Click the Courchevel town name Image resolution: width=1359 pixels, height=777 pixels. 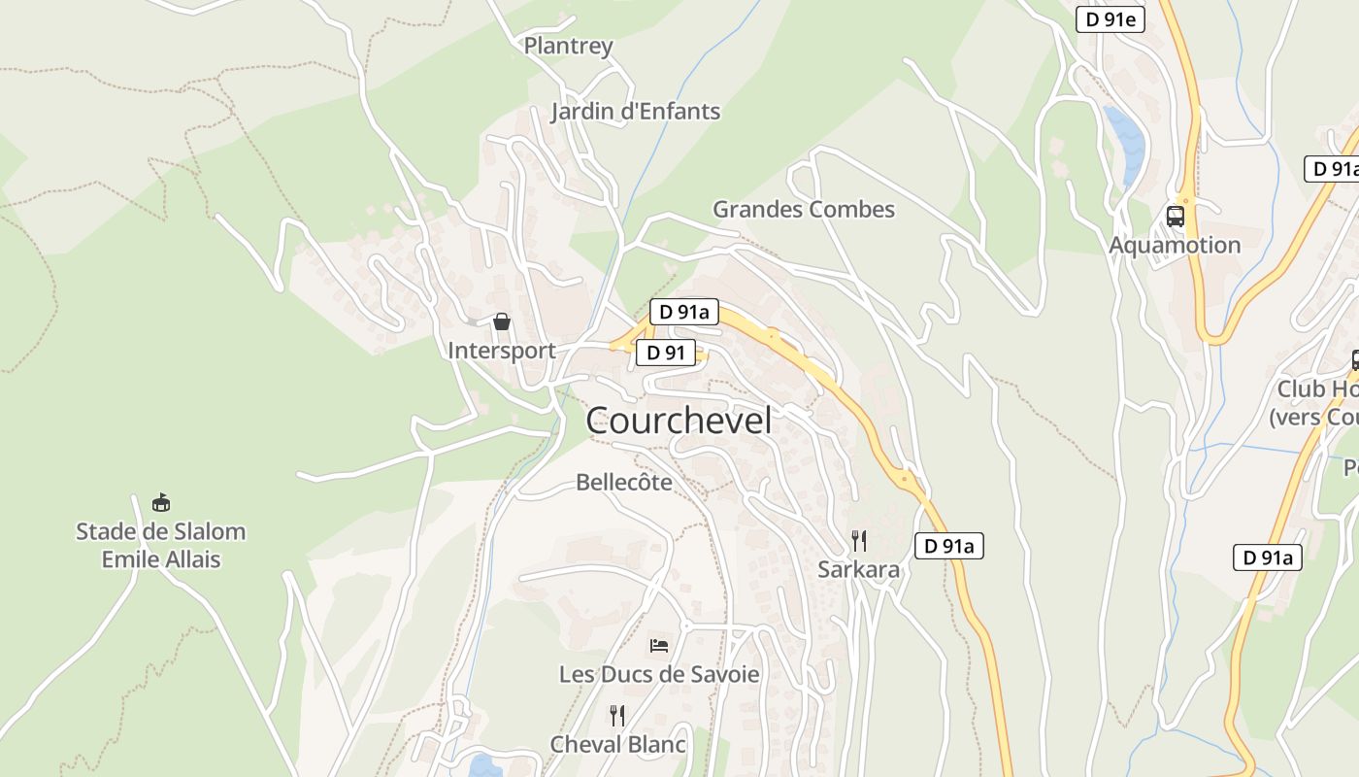(x=679, y=421)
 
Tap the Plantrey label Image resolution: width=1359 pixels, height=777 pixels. (x=568, y=46)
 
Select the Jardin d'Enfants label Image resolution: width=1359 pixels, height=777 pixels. (x=635, y=112)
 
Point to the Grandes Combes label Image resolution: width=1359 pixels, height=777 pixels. (x=804, y=209)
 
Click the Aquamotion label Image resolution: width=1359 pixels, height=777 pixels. (x=1175, y=245)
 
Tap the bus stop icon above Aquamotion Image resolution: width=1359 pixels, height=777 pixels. (x=1175, y=216)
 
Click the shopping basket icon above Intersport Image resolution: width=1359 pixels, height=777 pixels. (x=502, y=321)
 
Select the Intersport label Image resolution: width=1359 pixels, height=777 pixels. (x=501, y=351)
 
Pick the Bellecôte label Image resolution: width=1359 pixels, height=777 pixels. (x=623, y=482)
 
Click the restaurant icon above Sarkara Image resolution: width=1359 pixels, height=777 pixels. (x=858, y=541)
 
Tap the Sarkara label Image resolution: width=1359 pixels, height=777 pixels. (x=858, y=570)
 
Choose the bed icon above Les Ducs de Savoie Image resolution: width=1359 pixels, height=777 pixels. (x=659, y=645)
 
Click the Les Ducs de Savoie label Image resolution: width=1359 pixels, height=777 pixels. (x=659, y=674)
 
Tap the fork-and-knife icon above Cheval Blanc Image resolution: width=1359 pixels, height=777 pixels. (x=617, y=716)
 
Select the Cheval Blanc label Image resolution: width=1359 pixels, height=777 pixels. (x=617, y=745)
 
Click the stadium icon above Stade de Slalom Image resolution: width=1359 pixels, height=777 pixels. (x=161, y=503)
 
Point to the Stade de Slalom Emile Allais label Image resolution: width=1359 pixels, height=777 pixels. (x=161, y=546)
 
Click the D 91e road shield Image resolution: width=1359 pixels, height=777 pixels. (x=1110, y=19)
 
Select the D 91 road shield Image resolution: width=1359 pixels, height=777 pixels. (x=666, y=353)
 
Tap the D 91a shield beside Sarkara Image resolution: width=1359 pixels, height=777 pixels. (x=948, y=546)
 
